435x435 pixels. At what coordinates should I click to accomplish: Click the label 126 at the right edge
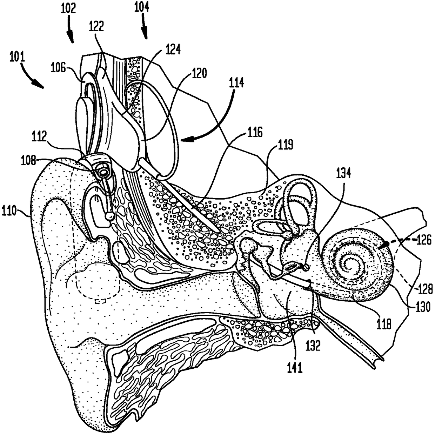pyautogui.click(x=424, y=240)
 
